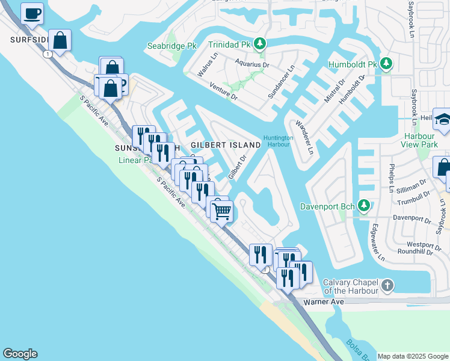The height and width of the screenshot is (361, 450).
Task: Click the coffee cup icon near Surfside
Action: pos(32,13)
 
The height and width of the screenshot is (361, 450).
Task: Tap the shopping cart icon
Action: pos(222,211)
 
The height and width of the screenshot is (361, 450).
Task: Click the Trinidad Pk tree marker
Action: pos(260,44)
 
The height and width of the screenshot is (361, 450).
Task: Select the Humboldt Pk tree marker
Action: pos(386,64)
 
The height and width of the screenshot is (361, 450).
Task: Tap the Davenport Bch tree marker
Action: pos(363,206)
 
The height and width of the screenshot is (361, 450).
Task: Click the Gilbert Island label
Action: pos(226,145)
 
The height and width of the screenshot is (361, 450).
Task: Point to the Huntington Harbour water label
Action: pos(279,141)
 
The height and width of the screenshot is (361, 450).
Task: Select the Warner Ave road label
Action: pos(323,301)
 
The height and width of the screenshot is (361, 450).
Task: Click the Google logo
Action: pos(20,354)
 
